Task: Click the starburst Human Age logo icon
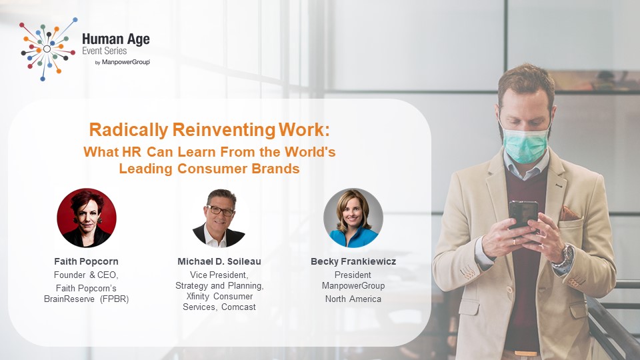[48, 49]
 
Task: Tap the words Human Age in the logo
[116, 39]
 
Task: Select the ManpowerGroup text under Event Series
[126, 62]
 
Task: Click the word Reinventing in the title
[224, 130]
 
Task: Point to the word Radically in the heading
[129, 130]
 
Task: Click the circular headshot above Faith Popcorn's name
[87, 217]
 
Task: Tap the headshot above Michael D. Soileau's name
[219, 218]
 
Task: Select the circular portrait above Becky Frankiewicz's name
[353, 217]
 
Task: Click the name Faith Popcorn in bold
[86, 261]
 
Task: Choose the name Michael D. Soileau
[219, 261]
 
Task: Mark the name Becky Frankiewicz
[353, 261]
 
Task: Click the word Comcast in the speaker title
[239, 307]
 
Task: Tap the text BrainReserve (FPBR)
[86, 299]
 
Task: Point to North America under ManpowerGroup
[353, 299]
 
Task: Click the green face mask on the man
[525, 144]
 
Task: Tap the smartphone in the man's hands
[523, 215]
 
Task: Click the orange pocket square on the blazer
[569, 213]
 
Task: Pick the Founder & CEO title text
[86, 275]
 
